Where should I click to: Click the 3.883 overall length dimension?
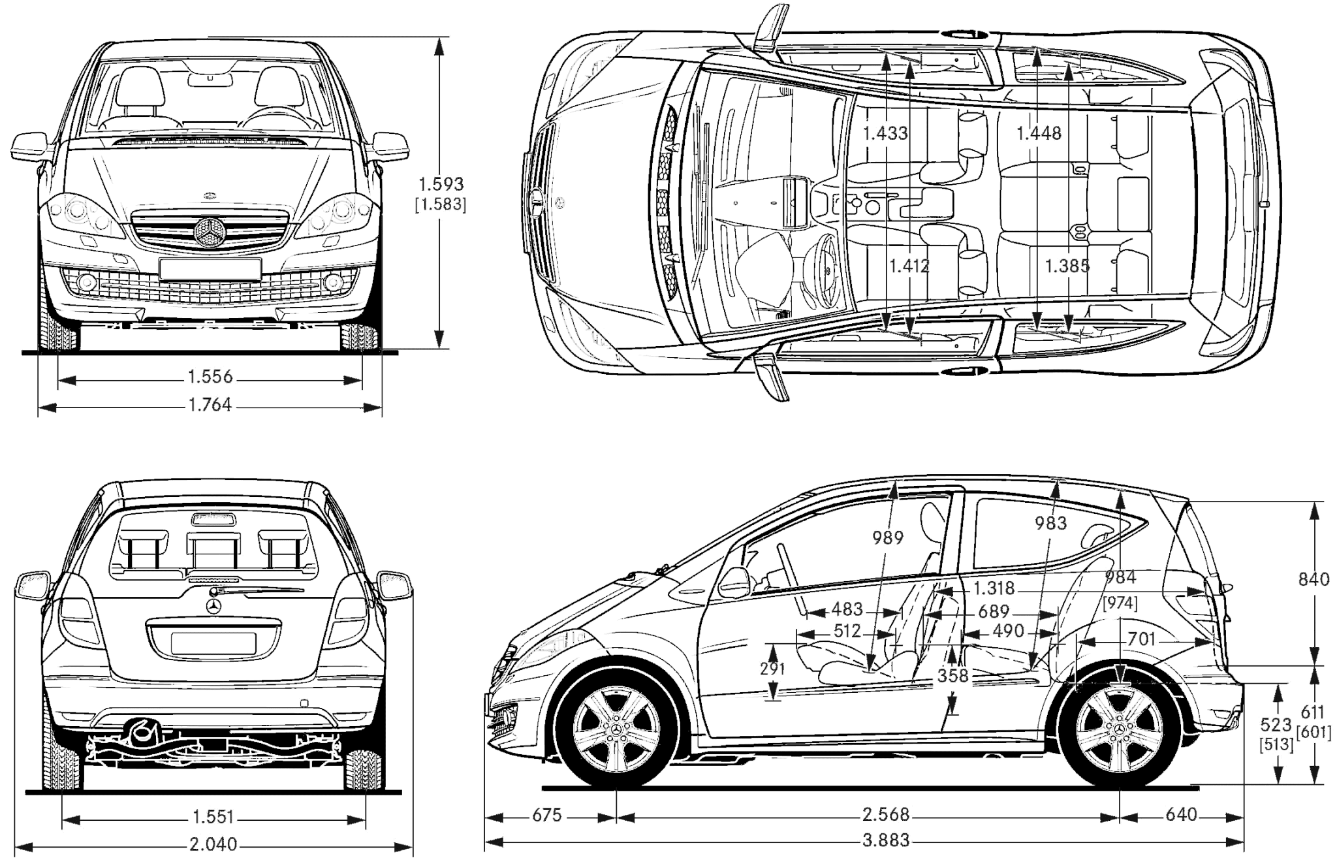coord(886,840)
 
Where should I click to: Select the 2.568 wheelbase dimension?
coord(886,815)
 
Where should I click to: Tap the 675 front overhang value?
coord(546,815)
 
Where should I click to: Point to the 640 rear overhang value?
coord(1181,815)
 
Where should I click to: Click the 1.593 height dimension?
coord(441,184)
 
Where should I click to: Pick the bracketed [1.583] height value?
coord(441,204)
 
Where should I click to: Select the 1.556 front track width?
coord(210,377)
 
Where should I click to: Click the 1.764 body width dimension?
coord(210,405)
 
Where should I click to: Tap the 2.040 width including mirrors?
coord(213,844)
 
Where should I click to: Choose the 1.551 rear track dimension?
coord(213,817)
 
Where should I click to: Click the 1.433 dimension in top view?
coord(885,133)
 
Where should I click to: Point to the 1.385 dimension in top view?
coord(1067,266)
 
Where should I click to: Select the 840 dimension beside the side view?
coord(1313,579)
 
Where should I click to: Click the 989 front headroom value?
coord(888,537)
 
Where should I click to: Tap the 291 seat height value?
coord(772,669)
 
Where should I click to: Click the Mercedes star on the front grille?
coord(210,231)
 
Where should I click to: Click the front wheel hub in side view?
coord(617,731)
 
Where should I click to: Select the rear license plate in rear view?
coord(213,642)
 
